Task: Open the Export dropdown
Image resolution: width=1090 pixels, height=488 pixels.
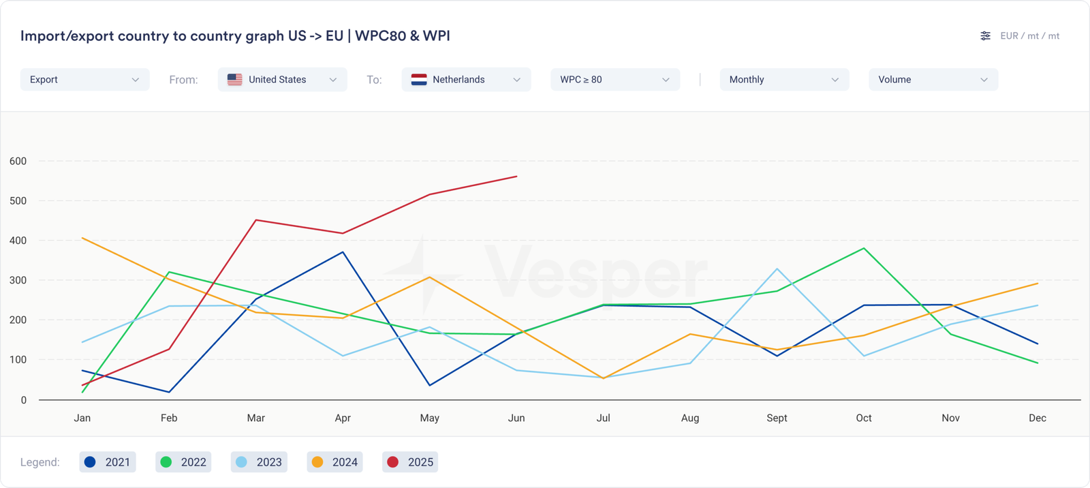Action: click(84, 80)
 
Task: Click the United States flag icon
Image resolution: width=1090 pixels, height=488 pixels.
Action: click(235, 80)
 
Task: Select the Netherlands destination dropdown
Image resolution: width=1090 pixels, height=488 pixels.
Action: click(466, 80)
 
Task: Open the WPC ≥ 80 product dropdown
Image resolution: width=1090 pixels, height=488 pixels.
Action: click(614, 80)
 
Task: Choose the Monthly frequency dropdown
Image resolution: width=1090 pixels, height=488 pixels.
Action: click(783, 80)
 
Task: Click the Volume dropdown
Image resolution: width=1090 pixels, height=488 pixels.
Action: click(933, 80)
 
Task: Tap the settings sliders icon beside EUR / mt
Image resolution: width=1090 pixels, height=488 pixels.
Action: click(985, 36)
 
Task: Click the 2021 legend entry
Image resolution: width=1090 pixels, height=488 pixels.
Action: click(108, 462)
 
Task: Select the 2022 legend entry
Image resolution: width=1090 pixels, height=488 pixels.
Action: click(183, 462)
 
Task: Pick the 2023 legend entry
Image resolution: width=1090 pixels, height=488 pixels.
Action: click(259, 462)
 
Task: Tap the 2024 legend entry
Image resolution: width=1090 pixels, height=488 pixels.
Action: click(334, 462)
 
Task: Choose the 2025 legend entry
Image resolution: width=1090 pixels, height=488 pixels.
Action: click(410, 462)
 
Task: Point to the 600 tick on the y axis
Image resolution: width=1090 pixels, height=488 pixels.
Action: click(18, 162)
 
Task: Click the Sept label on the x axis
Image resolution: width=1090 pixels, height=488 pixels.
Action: click(777, 418)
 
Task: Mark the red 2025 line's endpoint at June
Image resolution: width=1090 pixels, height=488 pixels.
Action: click(516, 177)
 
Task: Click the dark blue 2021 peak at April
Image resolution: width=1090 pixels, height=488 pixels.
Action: click(343, 252)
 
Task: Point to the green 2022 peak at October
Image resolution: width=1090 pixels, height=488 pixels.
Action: click(864, 248)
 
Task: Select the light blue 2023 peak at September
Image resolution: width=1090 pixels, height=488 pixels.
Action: click(777, 269)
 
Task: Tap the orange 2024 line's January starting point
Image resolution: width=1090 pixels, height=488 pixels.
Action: click(82, 238)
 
